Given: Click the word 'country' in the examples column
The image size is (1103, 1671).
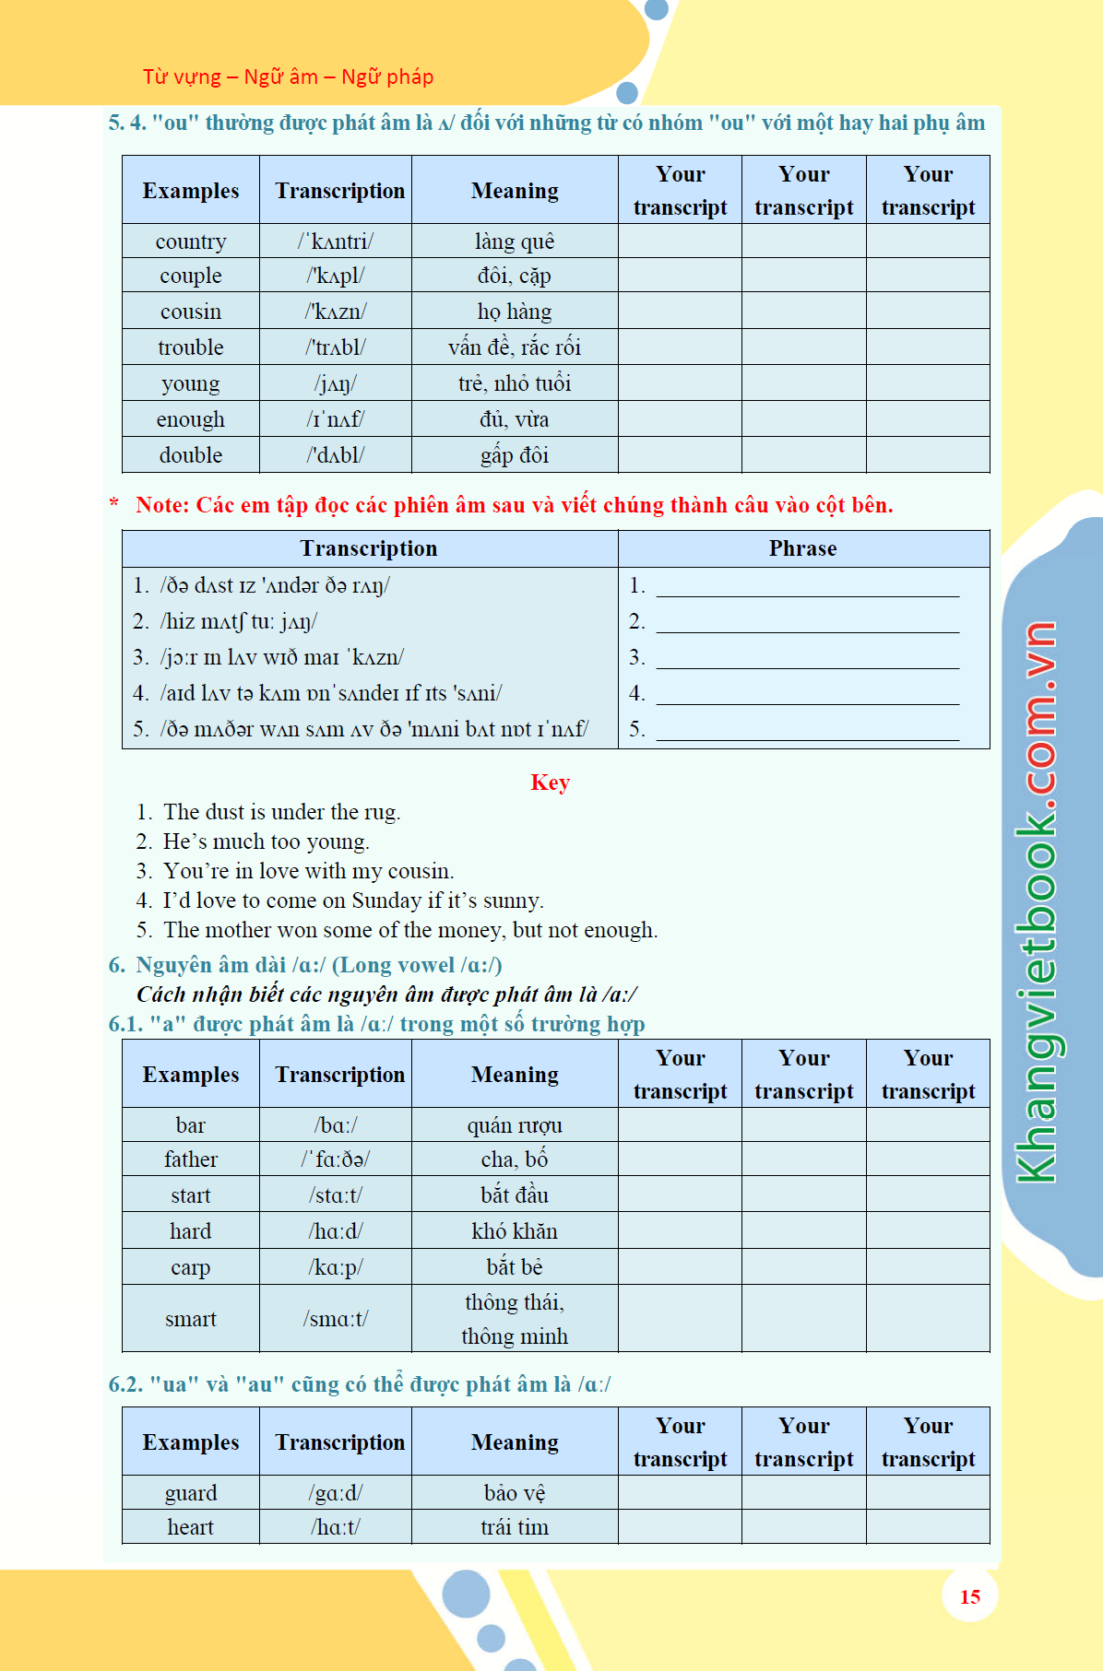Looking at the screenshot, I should pos(191,241).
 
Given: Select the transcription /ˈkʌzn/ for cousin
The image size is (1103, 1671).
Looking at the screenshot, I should pos(336,312).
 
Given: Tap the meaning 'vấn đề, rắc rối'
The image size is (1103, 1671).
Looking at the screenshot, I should pos(514,347).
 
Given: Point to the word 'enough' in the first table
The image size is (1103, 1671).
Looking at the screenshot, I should pos(191,419).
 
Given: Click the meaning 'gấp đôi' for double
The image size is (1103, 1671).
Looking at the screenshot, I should pos(514,455).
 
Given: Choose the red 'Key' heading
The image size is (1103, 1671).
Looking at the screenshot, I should pos(550,783).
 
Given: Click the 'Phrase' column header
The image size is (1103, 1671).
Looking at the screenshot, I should pos(802,548).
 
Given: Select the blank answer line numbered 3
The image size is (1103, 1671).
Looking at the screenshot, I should pos(807,658).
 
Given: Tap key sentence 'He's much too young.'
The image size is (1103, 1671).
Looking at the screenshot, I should pos(266,841).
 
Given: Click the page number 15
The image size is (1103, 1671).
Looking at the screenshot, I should pos(969,1596).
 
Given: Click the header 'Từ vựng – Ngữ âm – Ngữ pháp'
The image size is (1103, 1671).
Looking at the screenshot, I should pos(288,76).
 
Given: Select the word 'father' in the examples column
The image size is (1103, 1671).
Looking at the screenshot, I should pos(191,1159).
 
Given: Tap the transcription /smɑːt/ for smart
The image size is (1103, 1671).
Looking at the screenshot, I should pos(336,1319).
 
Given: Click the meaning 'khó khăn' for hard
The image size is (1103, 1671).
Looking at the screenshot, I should pos(514,1231).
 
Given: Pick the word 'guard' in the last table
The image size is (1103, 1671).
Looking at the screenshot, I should pos(191,1493).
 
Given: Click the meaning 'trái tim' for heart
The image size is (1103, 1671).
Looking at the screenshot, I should pos(514,1527).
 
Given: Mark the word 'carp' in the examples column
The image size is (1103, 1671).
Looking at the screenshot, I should pos(191,1267).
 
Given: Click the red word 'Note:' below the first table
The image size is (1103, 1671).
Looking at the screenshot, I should pos(162,505).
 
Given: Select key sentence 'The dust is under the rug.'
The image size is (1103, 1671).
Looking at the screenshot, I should pos(281,812).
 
